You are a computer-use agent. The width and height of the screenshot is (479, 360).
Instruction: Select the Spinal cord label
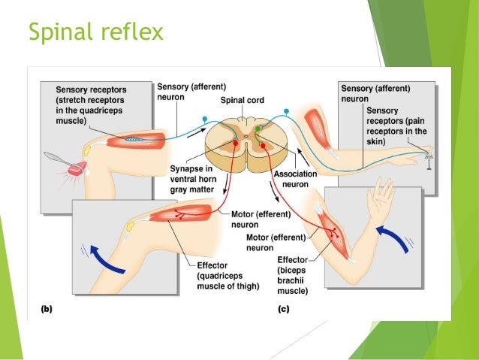[242, 100]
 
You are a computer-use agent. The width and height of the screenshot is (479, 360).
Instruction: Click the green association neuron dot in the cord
[258, 129]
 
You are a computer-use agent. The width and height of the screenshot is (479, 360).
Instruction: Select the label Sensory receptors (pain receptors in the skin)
[396, 126]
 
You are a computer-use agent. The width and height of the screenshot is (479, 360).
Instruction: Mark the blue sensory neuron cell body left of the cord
[204, 119]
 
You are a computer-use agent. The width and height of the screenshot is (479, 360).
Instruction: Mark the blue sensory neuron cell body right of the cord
[285, 111]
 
